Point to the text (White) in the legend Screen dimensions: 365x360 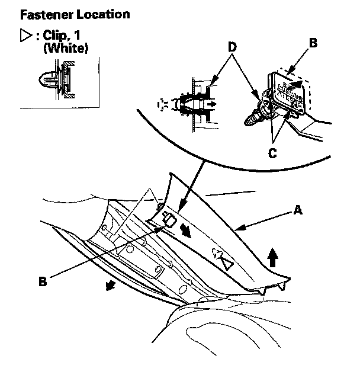pyautogui.click(x=66, y=49)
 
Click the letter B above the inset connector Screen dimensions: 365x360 pyautogui.click(x=314, y=42)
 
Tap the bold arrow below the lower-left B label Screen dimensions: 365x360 pyautogui.click(x=109, y=286)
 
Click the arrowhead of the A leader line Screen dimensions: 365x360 pyautogui.click(x=239, y=227)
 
